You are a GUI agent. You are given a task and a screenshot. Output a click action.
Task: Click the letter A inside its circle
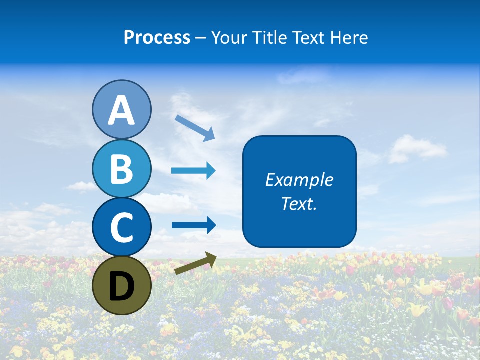(x=121, y=110)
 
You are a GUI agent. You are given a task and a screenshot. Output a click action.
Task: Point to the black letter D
(x=121, y=286)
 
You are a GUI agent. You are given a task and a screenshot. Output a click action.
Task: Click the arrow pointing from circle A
(x=194, y=128)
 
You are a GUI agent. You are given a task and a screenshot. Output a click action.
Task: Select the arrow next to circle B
(x=193, y=171)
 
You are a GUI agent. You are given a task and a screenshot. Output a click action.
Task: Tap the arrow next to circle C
(x=193, y=225)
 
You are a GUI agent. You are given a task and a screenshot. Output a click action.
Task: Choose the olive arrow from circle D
(x=195, y=263)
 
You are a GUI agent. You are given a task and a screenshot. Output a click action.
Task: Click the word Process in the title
(x=157, y=38)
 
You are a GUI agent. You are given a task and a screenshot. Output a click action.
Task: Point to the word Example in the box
(x=299, y=180)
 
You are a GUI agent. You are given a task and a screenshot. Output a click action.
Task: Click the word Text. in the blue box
(x=299, y=203)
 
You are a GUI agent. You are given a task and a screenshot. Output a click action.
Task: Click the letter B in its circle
(x=121, y=169)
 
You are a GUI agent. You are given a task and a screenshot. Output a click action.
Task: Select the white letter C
(x=121, y=227)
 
